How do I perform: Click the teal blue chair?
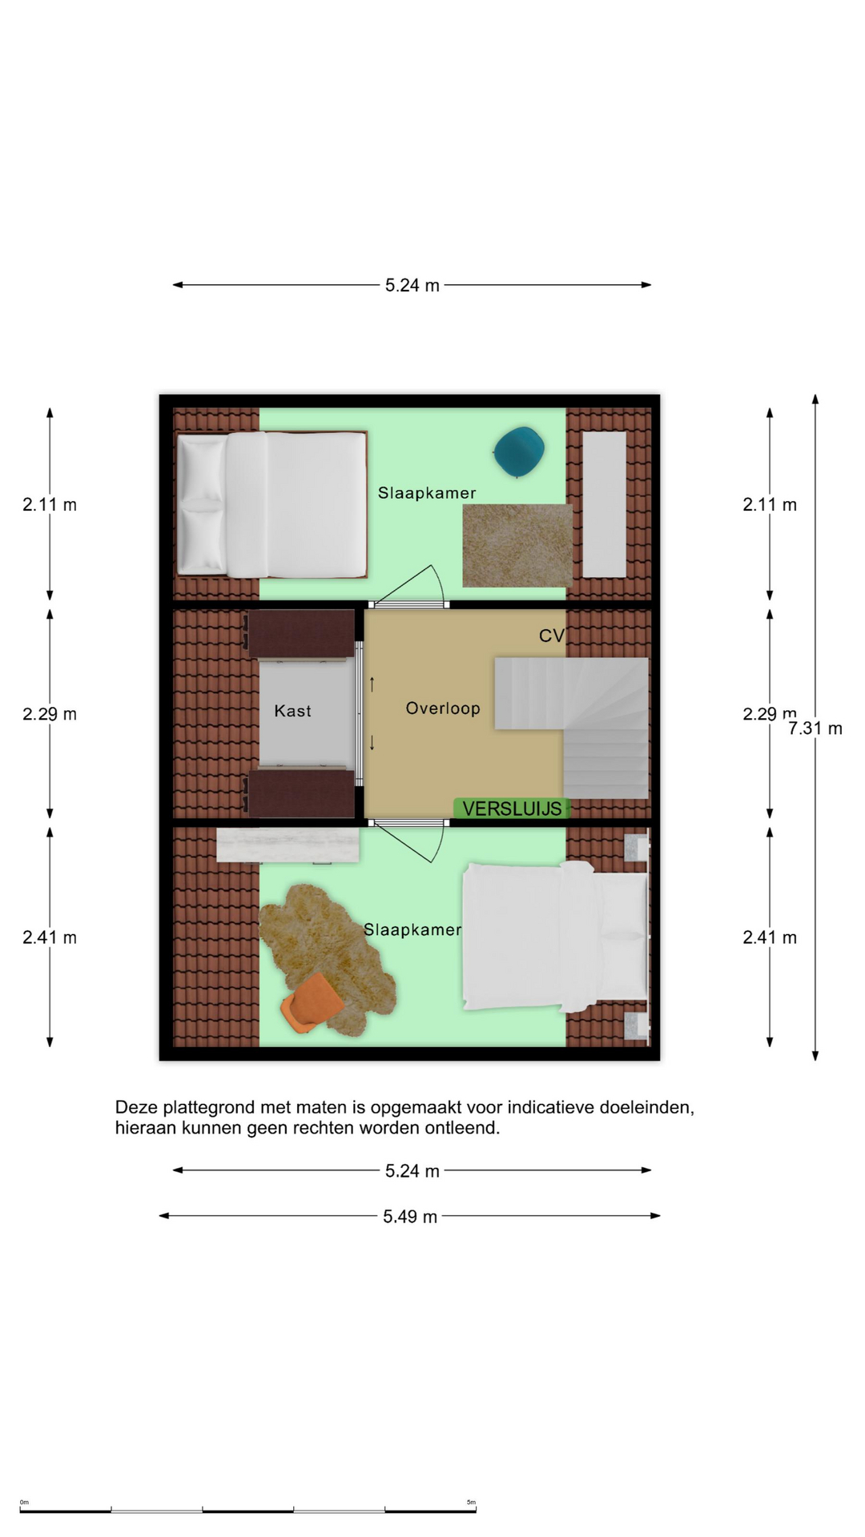[x=519, y=451]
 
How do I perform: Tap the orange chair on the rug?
[x=312, y=1002]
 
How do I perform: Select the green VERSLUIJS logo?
[x=513, y=809]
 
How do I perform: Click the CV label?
[x=552, y=636]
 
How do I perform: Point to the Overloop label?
[x=443, y=708]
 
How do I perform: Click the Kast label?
[x=292, y=711]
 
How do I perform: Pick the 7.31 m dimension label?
[x=815, y=728]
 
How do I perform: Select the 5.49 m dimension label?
[x=410, y=1217]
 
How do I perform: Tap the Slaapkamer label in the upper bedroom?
[x=427, y=493]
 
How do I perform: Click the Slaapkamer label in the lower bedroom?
[x=412, y=929]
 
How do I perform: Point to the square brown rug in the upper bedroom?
[x=517, y=545]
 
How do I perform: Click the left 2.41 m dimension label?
[x=50, y=937]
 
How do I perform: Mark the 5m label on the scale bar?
[x=471, y=1502]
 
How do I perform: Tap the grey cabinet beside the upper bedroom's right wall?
[x=604, y=504]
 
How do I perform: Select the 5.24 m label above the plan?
[x=412, y=286]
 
